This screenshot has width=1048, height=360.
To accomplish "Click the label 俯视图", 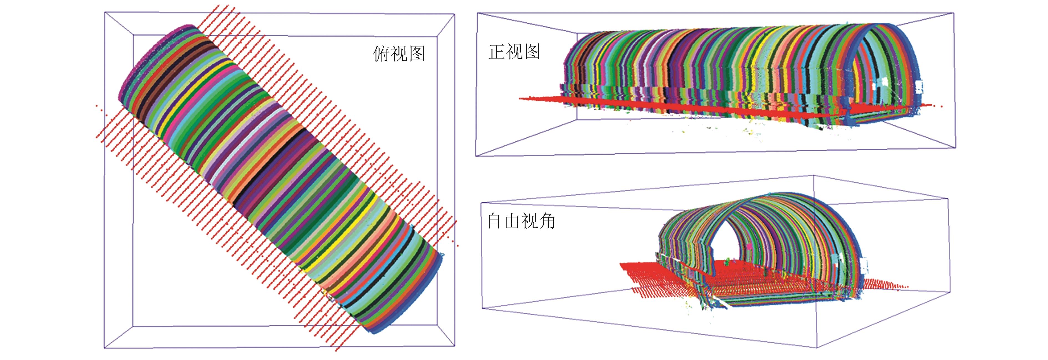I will pos(399,54).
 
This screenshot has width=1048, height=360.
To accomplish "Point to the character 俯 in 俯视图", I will pos(381,54).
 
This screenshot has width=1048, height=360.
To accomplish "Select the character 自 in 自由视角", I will pos(495,221).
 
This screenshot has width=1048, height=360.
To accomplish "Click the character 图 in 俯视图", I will pos(416,54).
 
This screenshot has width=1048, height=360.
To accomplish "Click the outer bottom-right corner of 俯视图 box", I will pos(454,347).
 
